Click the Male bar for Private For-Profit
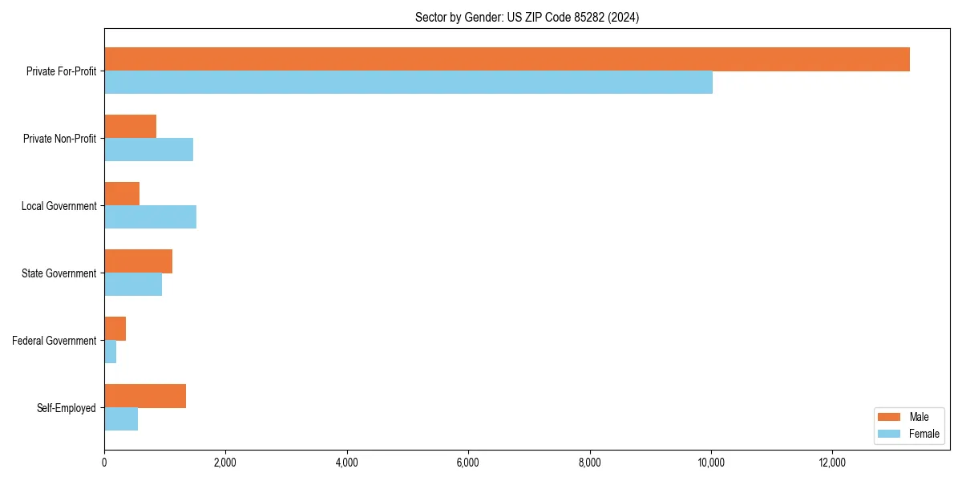[507, 59]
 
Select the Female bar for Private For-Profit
[408, 83]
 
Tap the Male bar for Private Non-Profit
[130, 127]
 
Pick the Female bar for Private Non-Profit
[148, 150]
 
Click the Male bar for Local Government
[122, 194]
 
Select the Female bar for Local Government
[150, 217]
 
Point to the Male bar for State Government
[138, 261]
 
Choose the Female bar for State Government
[133, 285]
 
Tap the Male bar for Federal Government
[115, 329]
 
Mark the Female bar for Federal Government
[110, 352]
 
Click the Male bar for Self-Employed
[145, 396]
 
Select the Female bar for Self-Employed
[121, 419]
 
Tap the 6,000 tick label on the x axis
[468, 463]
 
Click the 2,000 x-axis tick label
[225, 463]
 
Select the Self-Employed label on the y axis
[67, 408]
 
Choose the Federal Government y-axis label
[55, 341]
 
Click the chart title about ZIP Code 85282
[527, 17]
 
